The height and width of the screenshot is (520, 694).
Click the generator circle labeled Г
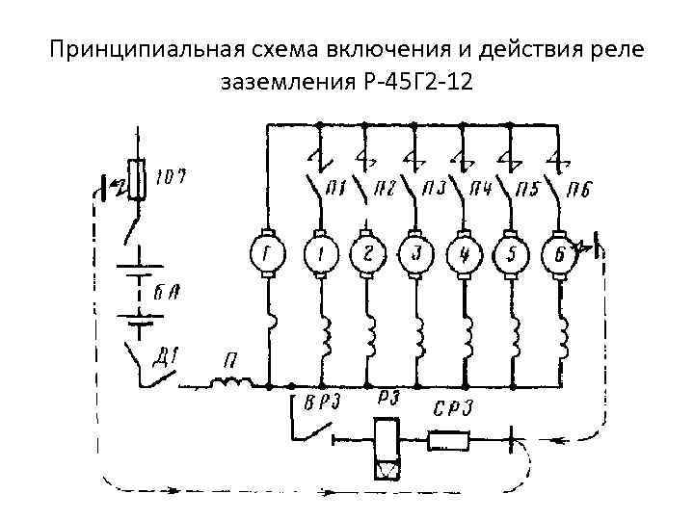coord(265,254)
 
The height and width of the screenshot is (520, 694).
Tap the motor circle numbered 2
coord(365,254)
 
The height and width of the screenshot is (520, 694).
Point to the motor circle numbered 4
coord(464,254)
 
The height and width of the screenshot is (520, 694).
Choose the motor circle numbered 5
coord(510,254)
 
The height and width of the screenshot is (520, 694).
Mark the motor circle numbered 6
coord(559,254)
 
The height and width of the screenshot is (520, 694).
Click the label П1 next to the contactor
coord(338,189)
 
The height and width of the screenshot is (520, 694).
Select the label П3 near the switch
coord(434,189)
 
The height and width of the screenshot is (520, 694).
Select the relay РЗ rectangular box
coord(389,450)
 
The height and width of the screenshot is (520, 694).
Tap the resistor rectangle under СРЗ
coord(449,442)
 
